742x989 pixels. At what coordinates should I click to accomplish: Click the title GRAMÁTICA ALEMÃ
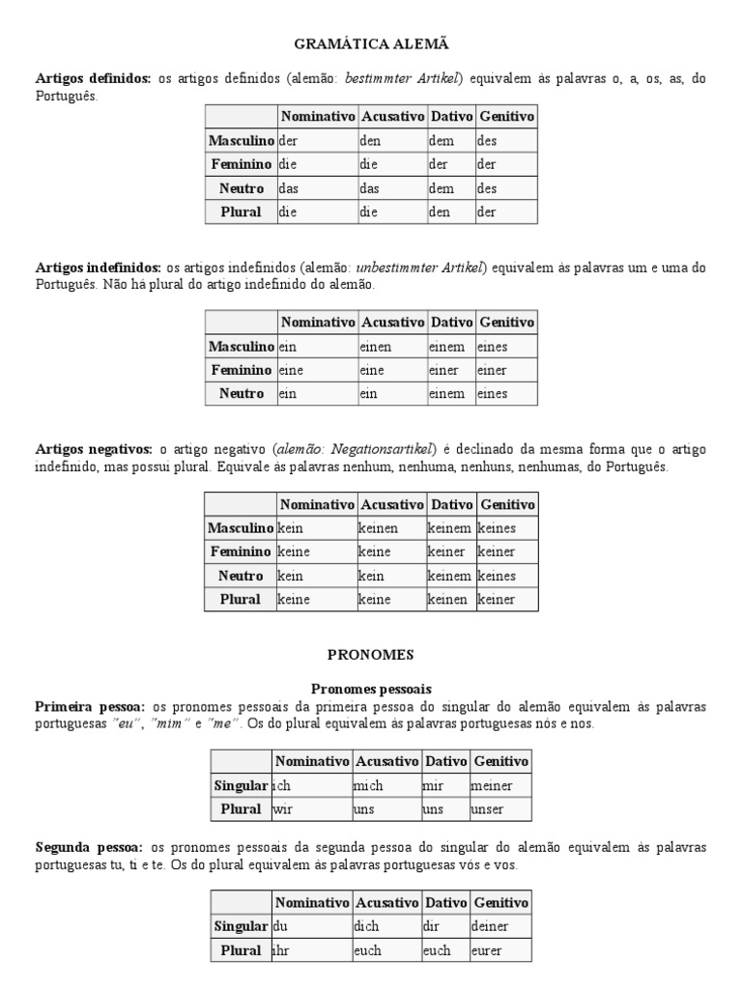pos(370,43)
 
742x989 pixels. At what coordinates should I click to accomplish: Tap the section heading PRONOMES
pos(370,654)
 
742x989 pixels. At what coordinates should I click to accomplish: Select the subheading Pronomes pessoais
pos(371,688)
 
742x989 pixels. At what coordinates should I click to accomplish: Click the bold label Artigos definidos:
pos(93,78)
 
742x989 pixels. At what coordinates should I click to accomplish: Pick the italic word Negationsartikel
pos(379,449)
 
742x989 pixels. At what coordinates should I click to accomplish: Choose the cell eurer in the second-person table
pos(487,950)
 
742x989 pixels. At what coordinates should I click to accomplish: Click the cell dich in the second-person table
pos(368,926)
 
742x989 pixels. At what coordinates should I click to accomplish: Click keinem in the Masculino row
pos(449,528)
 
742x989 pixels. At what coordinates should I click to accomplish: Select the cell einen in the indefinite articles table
pos(377,346)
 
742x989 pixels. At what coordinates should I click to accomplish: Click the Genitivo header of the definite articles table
pos(506,116)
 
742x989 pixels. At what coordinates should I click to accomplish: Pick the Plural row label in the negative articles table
pos(240,599)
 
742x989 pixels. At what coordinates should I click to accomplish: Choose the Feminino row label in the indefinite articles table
pos(242,370)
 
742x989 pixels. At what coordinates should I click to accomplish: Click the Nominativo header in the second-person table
pos(311,902)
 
